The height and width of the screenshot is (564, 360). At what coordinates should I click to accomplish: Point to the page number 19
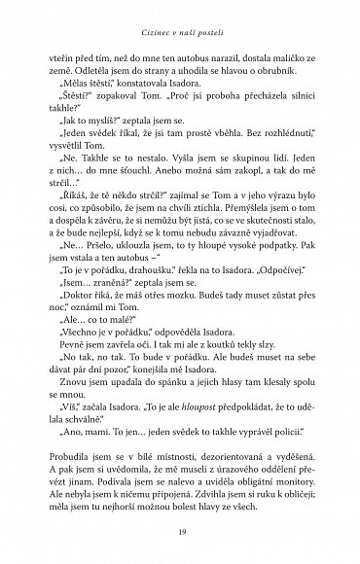coord(180,534)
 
